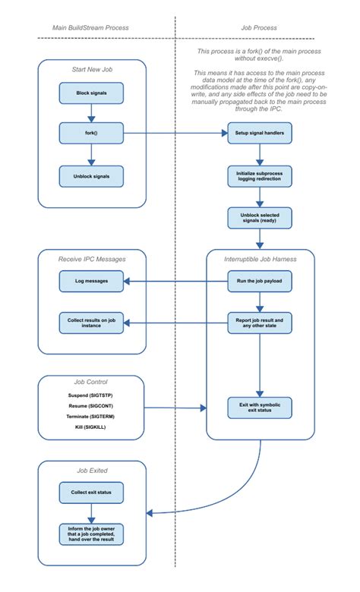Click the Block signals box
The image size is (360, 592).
(x=92, y=93)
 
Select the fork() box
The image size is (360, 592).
(x=92, y=134)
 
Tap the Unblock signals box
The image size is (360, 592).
(x=92, y=176)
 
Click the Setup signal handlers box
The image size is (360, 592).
(x=260, y=134)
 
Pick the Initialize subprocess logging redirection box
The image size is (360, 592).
(x=260, y=176)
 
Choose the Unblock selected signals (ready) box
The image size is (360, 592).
(x=260, y=218)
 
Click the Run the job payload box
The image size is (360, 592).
(x=260, y=282)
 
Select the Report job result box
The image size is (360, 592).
(x=260, y=323)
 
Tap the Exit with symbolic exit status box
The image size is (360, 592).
(x=260, y=408)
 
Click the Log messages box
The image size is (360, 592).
(x=92, y=282)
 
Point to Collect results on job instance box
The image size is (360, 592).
(x=92, y=323)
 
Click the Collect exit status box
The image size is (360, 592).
(x=92, y=493)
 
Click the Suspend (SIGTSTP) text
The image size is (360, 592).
(x=91, y=395)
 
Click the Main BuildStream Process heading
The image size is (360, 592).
(x=90, y=28)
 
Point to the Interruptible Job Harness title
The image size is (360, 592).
(x=260, y=259)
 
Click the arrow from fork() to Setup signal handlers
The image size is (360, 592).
(x=175, y=134)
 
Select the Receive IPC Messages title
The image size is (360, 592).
(x=92, y=259)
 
